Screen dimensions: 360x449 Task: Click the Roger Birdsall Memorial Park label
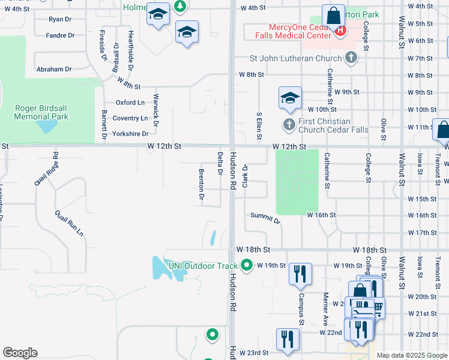41,112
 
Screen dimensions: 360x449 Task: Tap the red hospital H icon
341,30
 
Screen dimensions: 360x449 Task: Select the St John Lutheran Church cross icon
351,58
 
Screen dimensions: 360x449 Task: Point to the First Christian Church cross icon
289,125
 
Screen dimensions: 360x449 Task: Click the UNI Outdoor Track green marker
247,265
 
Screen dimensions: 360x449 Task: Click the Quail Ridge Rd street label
46,169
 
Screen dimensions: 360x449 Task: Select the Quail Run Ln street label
69,223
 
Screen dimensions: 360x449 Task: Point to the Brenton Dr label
202,185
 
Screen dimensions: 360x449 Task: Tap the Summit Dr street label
265,218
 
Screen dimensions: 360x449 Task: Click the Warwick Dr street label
155,109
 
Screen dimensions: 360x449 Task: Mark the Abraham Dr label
53,70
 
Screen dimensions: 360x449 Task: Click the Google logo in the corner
20,353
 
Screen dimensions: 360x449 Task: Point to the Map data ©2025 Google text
411,356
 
